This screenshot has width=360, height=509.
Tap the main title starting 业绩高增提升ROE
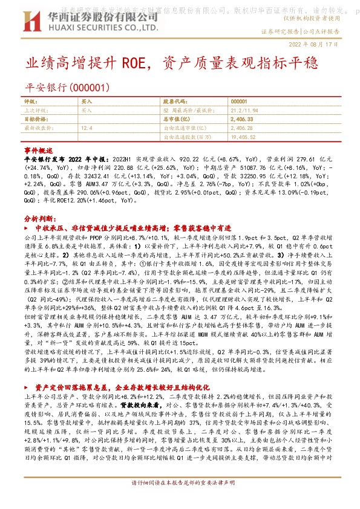pos(140,63)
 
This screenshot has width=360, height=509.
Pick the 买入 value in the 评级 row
pos(87,102)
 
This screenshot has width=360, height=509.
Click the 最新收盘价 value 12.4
pos(87,128)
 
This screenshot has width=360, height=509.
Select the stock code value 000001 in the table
pos(239,102)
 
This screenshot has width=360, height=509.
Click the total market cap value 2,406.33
pos(243,120)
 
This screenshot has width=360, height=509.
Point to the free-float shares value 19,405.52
pos(244,137)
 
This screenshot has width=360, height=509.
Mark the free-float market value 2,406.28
pos(243,128)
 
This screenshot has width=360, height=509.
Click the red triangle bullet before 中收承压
pos(26,229)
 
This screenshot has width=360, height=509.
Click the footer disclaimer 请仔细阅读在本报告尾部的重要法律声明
pos(180,501)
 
